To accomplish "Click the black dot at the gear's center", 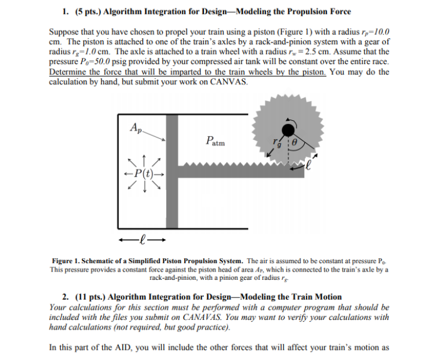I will coord(288,129).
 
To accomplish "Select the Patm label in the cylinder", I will coord(215,142).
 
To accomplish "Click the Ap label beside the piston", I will coord(136,127).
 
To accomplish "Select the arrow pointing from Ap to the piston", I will coord(154,136).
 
